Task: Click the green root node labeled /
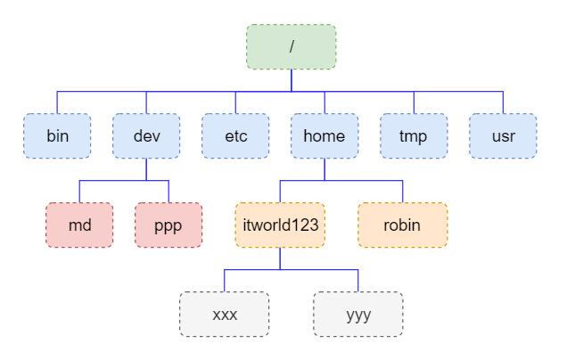point(291,46)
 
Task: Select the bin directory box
point(57,135)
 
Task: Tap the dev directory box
point(146,135)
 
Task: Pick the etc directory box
point(235,135)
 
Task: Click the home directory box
point(324,135)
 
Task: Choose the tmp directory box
point(414,135)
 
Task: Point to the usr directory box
point(503,135)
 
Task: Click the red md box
point(79,225)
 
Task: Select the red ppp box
point(168,225)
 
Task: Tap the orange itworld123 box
point(280,225)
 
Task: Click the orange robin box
point(402,225)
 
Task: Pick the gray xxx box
point(224,314)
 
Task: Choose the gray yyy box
point(357,314)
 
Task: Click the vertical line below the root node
point(291,80)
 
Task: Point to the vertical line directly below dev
point(146,169)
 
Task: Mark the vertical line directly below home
point(324,169)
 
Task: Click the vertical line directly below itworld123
point(280,258)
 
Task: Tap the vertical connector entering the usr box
point(503,102)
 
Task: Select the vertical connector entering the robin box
point(402,192)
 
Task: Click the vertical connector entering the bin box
point(57,102)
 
